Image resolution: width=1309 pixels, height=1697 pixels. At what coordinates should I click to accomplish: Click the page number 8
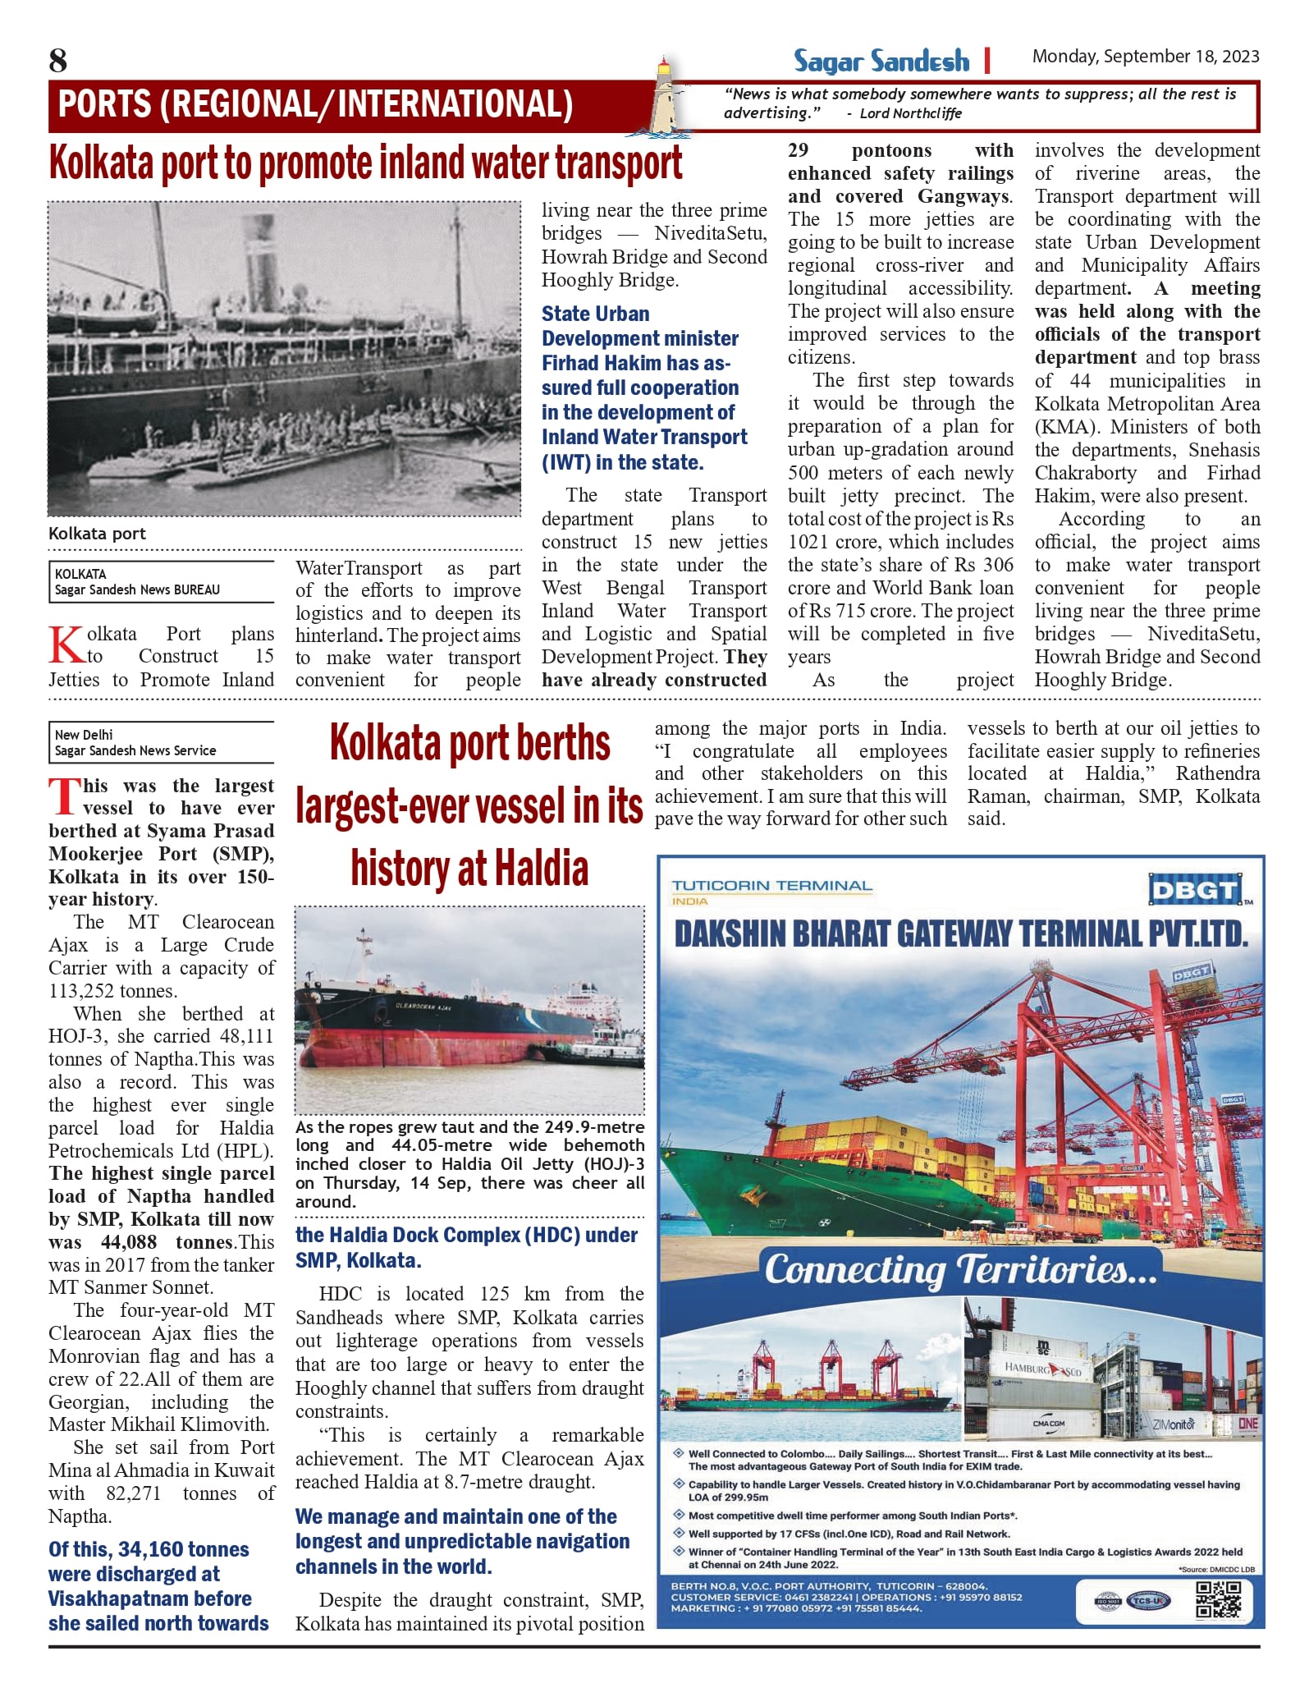(x=58, y=61)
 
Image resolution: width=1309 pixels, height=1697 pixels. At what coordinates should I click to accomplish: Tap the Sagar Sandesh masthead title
(x=881, y=62)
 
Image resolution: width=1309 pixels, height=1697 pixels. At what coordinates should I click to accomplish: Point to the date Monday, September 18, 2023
(x=1145, y=57)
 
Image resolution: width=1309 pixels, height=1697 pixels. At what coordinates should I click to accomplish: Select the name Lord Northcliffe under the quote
(x=910, y=113)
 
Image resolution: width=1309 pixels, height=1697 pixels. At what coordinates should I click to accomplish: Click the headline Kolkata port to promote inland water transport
(x=365, y=163)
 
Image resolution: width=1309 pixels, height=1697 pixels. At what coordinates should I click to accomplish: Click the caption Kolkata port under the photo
(x=97, y=534)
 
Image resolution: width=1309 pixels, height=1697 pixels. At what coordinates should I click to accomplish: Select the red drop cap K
(x=65, y=644)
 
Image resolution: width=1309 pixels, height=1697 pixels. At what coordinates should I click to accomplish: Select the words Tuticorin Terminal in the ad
(x=771, y=886)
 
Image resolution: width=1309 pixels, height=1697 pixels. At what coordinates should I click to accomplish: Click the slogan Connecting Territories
(x=960, y=1270)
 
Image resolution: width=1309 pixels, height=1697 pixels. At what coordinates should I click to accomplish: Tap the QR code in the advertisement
(x=1218, y=1600)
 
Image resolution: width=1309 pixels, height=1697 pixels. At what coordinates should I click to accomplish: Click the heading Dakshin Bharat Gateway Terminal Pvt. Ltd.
(x=960, y=934)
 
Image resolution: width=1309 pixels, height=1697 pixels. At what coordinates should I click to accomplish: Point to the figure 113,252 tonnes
(x=112, y=991)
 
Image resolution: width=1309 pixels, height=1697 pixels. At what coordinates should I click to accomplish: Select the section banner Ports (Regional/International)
(x=316, y=105)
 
